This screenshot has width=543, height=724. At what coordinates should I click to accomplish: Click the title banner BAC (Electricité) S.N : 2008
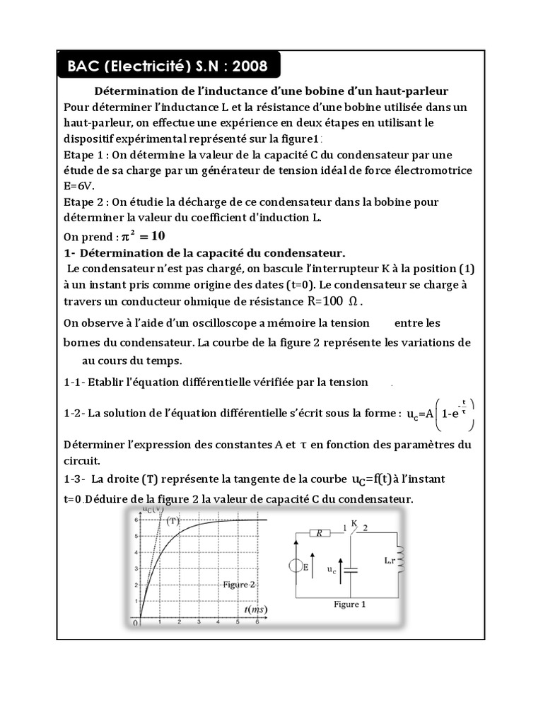[168, 67]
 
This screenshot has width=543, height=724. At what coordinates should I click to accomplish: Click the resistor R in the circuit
[319, 535]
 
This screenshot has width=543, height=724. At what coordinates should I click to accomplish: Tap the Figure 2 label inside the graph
[239, 585]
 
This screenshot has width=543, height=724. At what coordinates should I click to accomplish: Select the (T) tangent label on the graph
[173, 521]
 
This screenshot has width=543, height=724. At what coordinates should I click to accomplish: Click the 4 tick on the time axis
[218, 622]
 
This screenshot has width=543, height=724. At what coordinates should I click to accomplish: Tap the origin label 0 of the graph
[139, 622]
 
